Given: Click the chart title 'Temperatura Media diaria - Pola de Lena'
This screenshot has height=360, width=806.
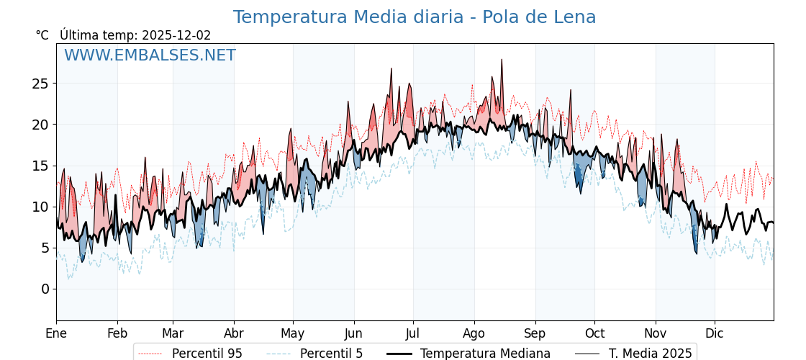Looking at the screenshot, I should [414, 17].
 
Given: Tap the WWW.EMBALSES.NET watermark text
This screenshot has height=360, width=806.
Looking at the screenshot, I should [150, 55].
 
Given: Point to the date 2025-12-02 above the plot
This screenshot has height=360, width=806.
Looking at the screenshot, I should [176, 35].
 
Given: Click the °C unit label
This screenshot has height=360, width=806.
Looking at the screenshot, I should [42, 35].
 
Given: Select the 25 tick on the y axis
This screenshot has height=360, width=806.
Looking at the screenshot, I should [40, 84].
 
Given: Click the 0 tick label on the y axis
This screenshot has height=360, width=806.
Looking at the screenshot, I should [45, 289].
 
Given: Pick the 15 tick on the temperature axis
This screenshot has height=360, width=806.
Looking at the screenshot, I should [40, 166].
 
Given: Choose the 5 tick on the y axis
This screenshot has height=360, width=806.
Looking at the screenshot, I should [45, 248].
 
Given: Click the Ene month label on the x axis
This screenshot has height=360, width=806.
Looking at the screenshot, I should [56, 333].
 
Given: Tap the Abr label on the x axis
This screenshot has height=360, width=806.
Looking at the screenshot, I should [234, 333].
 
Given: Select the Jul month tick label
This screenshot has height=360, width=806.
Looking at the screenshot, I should [413, 333].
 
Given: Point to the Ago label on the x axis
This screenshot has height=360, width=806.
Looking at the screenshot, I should [474, 333].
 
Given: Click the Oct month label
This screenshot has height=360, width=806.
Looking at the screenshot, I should [594, 333].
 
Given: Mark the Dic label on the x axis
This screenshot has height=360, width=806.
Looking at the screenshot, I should [715, 333].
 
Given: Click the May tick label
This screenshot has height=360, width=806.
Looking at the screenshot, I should [293, 333].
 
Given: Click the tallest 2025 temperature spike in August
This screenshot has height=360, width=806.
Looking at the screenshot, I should [502, 60].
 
